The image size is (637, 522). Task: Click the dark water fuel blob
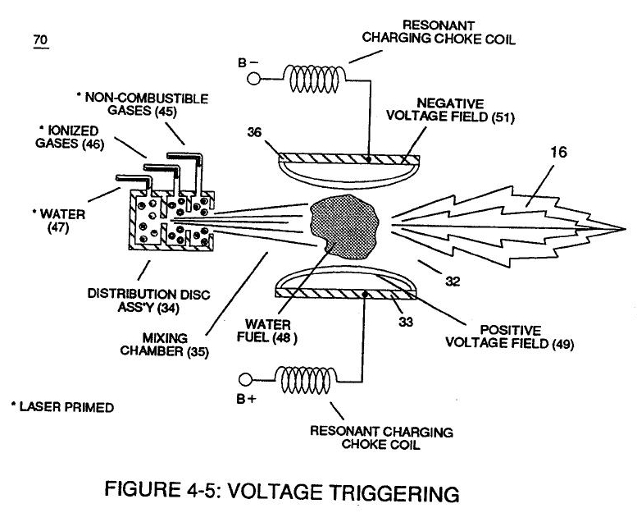tap(345, 222)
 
